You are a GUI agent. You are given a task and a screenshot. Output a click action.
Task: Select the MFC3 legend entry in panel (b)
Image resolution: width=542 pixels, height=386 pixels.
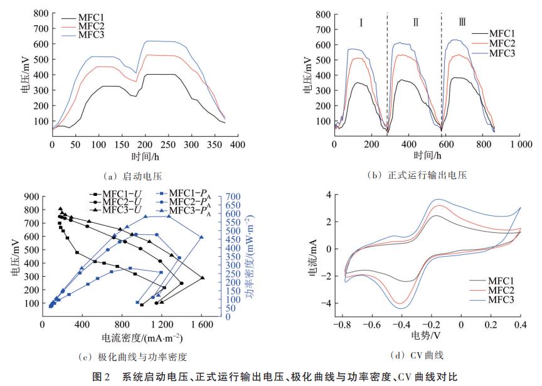501,53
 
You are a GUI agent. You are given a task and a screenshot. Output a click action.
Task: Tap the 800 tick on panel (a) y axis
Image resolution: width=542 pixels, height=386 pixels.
41,13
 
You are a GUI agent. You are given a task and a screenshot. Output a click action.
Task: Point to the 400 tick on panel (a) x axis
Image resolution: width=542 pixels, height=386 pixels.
237,144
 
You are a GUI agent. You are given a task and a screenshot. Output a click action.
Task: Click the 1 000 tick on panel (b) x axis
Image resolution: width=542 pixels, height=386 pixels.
519,144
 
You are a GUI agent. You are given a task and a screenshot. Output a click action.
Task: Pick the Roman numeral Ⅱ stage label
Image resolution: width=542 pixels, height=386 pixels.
415,23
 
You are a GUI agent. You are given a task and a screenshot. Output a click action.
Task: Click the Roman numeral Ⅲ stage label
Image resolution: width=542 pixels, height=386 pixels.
462,23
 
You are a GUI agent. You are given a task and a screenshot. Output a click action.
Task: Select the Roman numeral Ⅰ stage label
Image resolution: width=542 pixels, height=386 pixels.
362,23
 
